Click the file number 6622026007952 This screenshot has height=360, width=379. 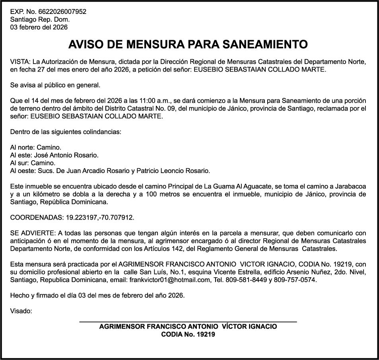click(63, 12)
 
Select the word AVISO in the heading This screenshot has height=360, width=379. click(86, 44)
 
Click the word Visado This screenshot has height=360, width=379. click(21, 311)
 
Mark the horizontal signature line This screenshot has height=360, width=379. click(188, 321)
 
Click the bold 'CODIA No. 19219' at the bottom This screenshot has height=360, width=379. click(188, 335)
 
